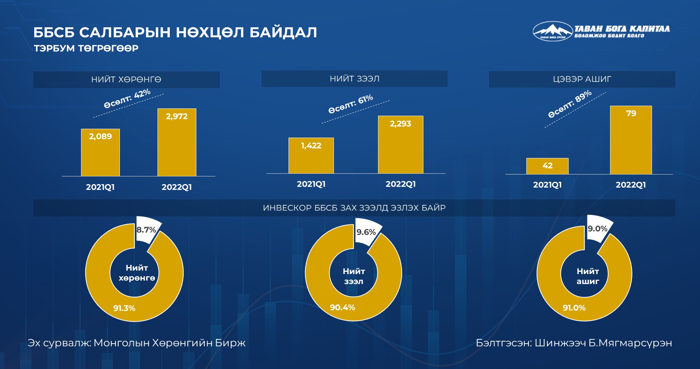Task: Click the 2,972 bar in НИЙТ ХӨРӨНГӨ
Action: click(x=177, y=142)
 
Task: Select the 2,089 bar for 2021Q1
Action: click(x=100, y=152)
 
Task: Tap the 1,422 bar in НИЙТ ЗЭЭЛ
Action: click(x=311, y=155)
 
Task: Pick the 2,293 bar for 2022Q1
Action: click(x=401, y=145)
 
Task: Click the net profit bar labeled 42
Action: click(x=547, y=166)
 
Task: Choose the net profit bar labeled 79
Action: click(x=631, y=140)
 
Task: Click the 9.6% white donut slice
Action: click(x=367, y=232)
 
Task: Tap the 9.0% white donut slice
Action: click(x=598, y=228)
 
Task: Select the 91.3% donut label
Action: click(x=124, y=308)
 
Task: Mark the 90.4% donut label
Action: click(x=342, y=307)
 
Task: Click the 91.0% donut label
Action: click(x=574, y=308)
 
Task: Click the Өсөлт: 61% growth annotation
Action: click(x=350, y=104)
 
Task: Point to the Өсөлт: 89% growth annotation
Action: click(x=570, y=104)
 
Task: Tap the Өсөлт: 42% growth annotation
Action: click(x=127, y=98)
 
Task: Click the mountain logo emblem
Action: click(x=552, y=31)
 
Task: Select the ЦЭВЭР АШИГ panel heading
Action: click(x=582, y=79)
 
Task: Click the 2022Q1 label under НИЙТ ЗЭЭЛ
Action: click(x=401, y=184)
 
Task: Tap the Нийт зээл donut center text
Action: click(x=354, y=276)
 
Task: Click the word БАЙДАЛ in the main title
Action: click(x=283, y=33)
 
